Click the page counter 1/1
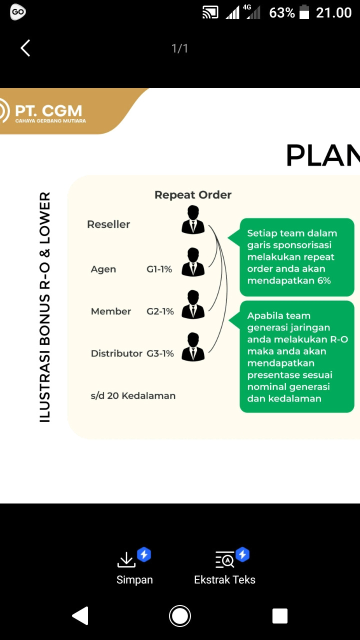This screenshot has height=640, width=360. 179,48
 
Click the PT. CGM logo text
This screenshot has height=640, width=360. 48,110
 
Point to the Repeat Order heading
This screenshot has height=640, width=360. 193,195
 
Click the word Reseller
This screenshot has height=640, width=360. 108,224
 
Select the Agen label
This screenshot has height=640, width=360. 103,269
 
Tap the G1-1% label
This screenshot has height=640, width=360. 159,269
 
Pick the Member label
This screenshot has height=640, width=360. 111,311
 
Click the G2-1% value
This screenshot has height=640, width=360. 160,311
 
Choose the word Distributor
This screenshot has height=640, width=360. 116,353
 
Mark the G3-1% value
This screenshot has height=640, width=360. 160,353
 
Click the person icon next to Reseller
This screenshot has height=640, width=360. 193,220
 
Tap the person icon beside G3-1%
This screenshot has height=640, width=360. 193,347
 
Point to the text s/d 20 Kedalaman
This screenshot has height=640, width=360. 133,396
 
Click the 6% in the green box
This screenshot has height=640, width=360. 324,281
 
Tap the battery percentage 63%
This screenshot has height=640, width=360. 282,13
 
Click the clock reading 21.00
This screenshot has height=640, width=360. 334,13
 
